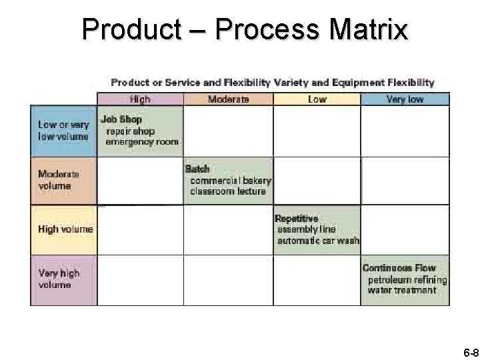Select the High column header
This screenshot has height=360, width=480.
point(140,99)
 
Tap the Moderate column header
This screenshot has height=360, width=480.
point(228,99)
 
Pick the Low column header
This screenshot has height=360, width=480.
point(317,99)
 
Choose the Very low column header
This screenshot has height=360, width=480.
point(405,99)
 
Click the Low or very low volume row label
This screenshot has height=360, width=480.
point(63,131)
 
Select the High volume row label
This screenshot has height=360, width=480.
point(65,229)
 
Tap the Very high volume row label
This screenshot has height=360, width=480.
point(59,279)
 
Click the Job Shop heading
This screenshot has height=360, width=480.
point(121,120)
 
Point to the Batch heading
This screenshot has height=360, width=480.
point(197,169)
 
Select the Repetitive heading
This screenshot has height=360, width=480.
point(297,219)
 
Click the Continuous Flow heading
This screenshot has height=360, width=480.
point(399,268)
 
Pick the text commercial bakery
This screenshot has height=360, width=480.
point(231,181)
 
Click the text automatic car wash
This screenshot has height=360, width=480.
point(318,241)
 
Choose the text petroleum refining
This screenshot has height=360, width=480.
point(407,279)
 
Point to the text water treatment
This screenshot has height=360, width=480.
point(402,291)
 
